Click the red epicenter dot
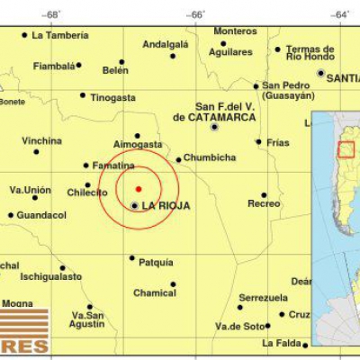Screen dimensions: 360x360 (138, 188)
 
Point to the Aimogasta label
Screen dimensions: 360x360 (138, 144)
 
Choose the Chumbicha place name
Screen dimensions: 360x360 (211, 159)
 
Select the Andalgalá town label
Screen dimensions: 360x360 (166, 43)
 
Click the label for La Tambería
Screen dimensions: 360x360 (60, 36)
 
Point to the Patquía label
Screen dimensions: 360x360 (157, 263)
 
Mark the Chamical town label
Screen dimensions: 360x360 (155, 292)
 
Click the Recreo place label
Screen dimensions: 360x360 (264, 204)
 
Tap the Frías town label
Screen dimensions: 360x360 (278, 141)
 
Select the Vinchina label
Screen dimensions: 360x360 (42, 141)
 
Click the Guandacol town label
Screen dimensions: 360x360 (41, 215)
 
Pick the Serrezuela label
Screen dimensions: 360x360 (264, 297)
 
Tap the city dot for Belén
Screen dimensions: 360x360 (121, 62)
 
